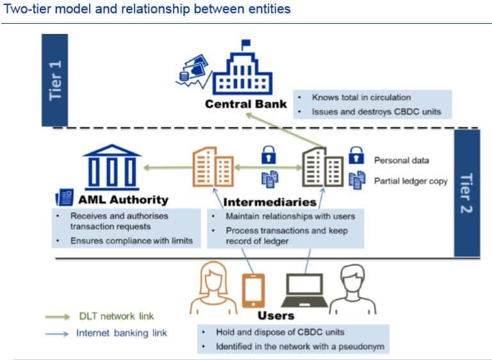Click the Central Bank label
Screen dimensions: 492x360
point(246,104)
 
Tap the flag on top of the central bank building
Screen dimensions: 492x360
point(246,43)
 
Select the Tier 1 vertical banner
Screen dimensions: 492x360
point(55,80)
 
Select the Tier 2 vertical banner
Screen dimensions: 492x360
point(467,193)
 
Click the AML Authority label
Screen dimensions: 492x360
point(123,200)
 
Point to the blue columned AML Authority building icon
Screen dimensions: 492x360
point(112,167)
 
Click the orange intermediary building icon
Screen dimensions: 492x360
point(213,167)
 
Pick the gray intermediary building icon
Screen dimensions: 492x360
point(323,167)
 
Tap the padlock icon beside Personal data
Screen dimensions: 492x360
point(356,156)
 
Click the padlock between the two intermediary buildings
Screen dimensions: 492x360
point(268,155)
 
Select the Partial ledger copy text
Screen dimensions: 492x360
point(411,181)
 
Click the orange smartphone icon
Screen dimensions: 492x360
point(253,291)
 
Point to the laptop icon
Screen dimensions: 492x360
point(304,290)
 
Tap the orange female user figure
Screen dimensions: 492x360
point(213,288)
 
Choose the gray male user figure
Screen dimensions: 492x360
point(353,290)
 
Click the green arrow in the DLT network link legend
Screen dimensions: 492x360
point(58,316)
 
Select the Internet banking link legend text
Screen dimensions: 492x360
point(122,333)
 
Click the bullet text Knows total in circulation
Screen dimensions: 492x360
point(361,97)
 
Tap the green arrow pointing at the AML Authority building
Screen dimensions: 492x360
point(168,168)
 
